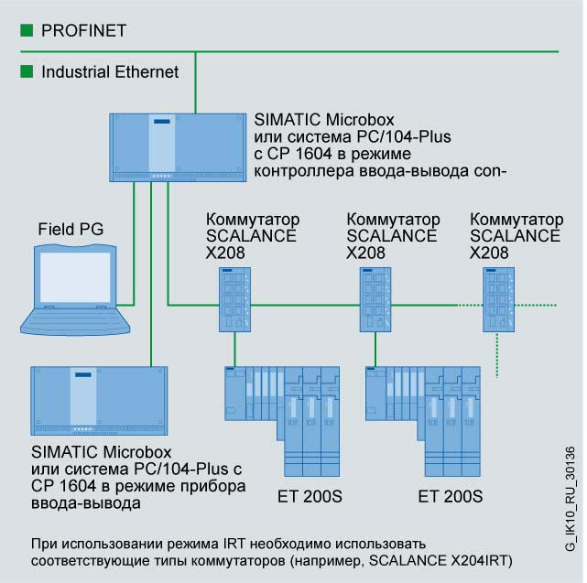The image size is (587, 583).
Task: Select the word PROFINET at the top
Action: pyautogui.click(x=83, y=30)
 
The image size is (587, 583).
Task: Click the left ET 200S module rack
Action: pyautogui.click(x=285, y=412)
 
